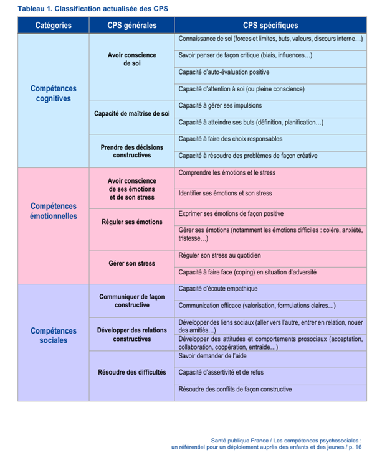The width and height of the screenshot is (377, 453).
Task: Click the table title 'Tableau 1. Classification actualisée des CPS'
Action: coord(84,9)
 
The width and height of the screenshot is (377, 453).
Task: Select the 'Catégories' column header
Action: coord(53,26)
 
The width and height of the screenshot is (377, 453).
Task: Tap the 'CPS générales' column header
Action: coord(131,26)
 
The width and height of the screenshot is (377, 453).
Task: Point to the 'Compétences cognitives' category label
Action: coord(53,93)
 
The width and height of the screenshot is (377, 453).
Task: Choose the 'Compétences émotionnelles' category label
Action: coord(53,211)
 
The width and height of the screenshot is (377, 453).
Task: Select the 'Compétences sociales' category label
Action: coord(53,335)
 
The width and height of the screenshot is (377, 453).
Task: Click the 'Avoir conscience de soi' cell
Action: coord(131,59)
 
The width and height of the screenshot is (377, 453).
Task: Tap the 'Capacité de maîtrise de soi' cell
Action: coord(131,114)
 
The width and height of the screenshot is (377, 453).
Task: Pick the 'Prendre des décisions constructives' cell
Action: coord(131,151)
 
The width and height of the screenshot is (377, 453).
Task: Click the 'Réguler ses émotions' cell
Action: coord(131,222)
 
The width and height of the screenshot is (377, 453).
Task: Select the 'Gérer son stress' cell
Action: coord(131,264)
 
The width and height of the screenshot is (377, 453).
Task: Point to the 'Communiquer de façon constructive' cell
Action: coord(131,301)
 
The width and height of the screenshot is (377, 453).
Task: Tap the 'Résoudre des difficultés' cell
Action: coord(131,372)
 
